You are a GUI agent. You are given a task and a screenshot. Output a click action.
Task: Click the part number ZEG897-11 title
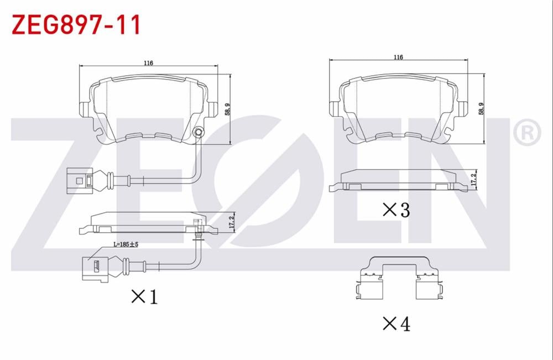click(76, 25)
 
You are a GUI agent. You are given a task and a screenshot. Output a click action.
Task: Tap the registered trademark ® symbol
click(526, 132)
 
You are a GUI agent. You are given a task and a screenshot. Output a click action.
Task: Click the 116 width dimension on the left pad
click(148, 63)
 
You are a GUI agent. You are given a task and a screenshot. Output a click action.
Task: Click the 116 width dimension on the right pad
click(398, 57)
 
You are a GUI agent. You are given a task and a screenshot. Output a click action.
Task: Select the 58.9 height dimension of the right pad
click(481, 108)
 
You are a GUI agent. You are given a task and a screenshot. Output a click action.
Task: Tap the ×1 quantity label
click(144, 297)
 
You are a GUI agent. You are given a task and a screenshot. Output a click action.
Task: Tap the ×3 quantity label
click(397, 210)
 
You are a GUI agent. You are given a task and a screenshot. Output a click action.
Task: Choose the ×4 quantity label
click(397, 324)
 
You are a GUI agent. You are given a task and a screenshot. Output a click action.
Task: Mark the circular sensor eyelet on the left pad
click(199, 132)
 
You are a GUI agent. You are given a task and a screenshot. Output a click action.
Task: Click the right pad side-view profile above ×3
click(398, 181)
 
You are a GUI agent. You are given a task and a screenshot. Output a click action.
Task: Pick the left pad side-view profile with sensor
click(148, 222)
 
